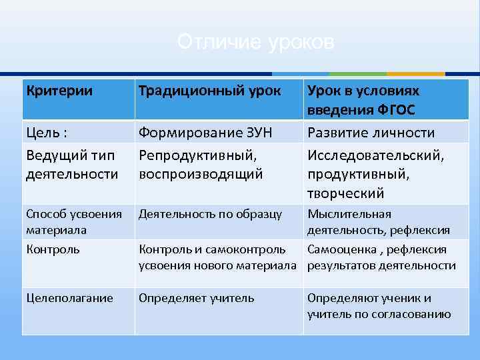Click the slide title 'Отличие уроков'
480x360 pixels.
[255, 43]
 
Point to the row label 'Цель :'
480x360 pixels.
[46, 133]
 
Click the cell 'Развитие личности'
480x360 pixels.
[371, 133]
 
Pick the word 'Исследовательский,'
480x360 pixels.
[375, 155]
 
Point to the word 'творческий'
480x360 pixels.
[345, 193]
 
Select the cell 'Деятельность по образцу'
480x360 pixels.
[210, 214]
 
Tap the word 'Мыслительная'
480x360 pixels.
[349, 214]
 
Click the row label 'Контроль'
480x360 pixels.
[53, 249]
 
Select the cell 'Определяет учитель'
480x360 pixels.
[196, 298]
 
